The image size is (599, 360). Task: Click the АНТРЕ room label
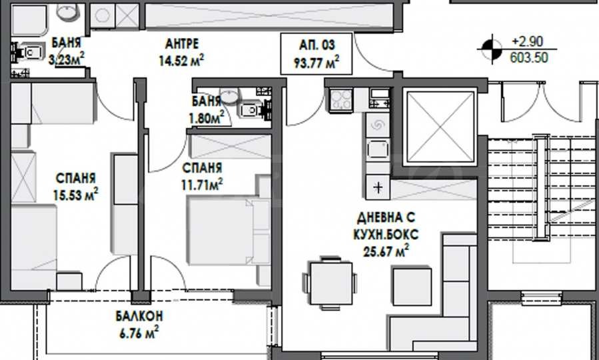182,44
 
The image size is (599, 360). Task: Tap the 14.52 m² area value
181,61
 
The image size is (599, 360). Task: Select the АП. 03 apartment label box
316,53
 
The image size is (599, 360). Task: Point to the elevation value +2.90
527,41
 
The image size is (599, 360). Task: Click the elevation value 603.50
529,58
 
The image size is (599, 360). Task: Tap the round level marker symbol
491,49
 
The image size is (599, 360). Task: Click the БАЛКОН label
139,316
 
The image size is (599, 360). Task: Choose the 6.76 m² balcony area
139,333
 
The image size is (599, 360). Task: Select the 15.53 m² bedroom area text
76,195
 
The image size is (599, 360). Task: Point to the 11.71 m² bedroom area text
202,185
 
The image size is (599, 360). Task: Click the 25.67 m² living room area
386,251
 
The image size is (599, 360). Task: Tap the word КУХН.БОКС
386,234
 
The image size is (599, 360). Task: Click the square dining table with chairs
331,283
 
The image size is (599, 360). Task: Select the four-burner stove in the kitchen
341,100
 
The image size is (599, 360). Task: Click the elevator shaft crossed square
440,127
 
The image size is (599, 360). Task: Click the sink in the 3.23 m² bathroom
69,11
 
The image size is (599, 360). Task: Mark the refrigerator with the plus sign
378,187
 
